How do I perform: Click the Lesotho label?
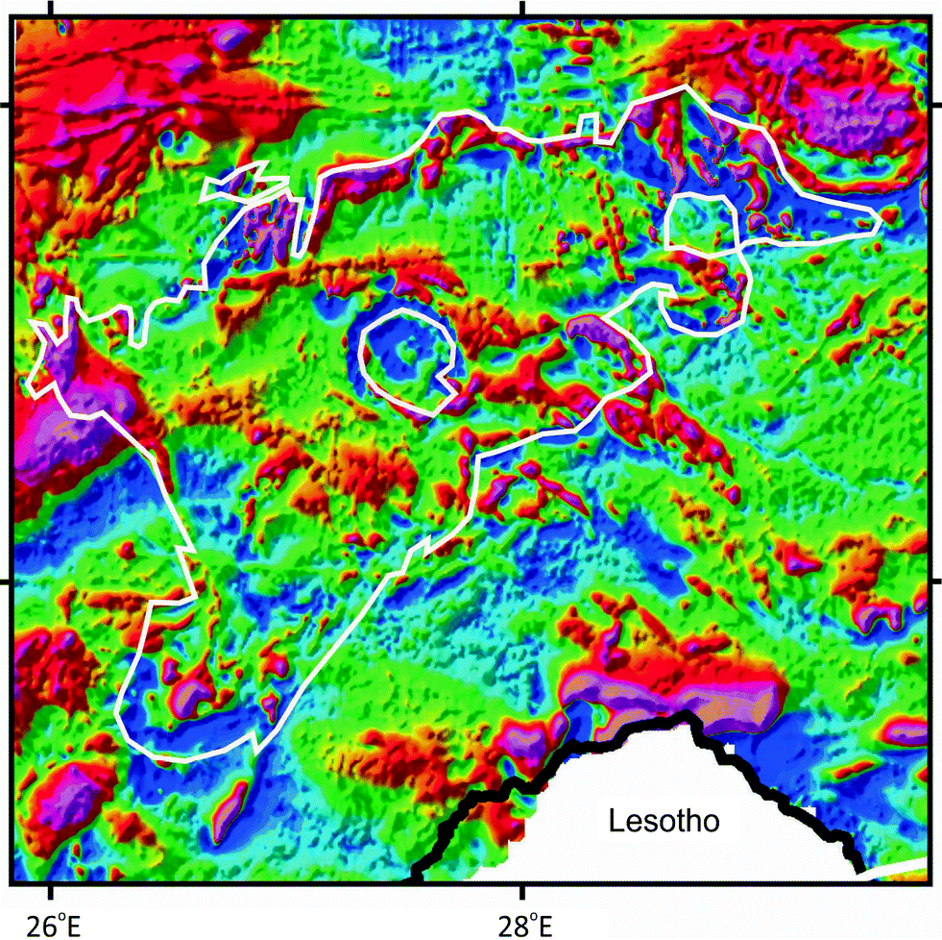(x=664, y=822)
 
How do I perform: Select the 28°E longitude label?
(x=523, y=917)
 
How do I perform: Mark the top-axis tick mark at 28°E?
(x=522, y=7)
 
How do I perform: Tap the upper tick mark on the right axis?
(x=935, y=105)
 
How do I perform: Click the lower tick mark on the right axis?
(x=935, y=581)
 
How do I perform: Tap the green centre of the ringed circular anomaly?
(x=409, y=357)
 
